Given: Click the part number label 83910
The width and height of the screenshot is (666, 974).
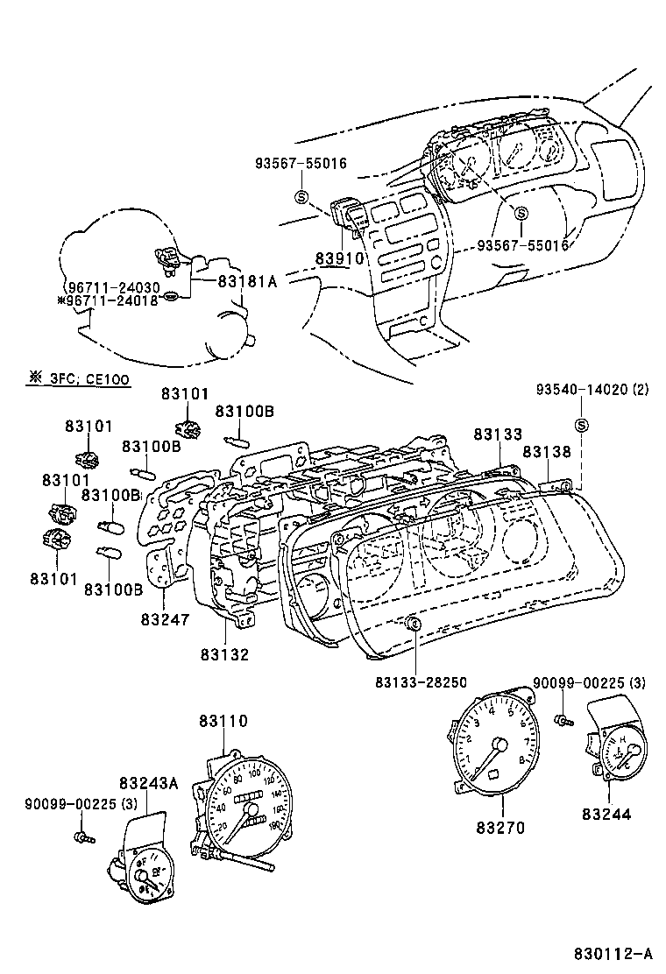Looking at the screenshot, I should coord(336,260).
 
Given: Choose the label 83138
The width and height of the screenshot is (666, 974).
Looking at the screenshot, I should coord(547,452).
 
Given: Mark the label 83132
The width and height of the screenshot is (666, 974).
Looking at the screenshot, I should coord(224,653).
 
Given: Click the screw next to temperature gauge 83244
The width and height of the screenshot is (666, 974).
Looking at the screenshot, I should coord(563,720).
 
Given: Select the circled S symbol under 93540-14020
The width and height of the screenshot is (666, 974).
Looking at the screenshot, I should coord(580,426).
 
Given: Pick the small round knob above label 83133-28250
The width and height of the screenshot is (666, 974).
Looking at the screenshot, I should coord(414,624).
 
